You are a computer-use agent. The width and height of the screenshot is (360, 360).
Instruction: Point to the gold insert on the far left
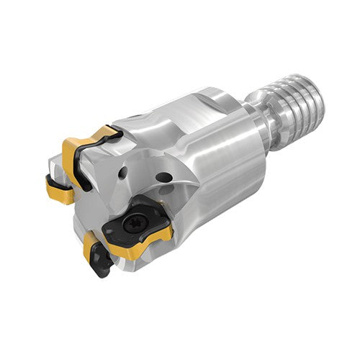(59, 189)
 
